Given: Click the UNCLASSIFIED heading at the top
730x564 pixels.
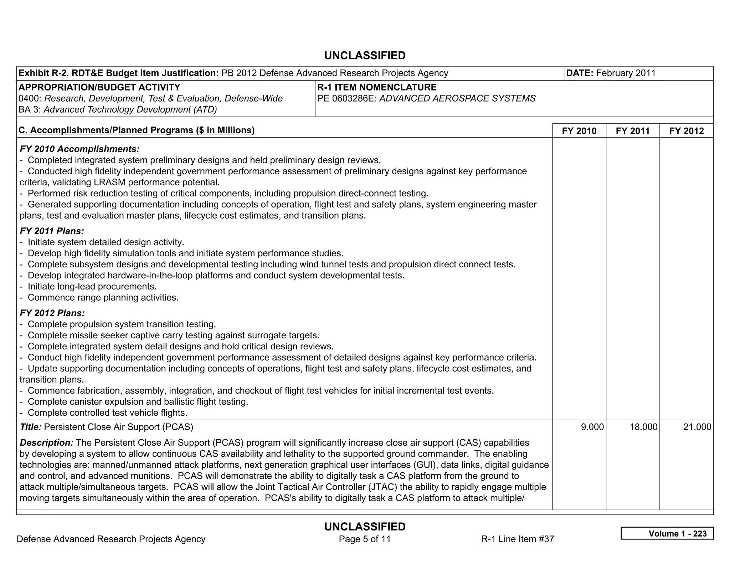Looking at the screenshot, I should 365,56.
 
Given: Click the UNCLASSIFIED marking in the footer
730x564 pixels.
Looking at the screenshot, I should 365,527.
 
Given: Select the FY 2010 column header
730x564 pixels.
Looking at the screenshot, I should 579,131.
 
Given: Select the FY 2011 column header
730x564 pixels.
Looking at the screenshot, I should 632,131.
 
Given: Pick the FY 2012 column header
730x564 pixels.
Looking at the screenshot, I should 686,131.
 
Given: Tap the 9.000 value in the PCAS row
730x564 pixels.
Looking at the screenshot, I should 592,427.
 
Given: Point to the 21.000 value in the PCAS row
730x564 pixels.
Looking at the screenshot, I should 697,427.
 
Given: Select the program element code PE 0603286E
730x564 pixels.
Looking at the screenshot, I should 346,98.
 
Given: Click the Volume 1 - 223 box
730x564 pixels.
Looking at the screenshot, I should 667,533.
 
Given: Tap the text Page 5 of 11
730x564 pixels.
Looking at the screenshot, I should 365,539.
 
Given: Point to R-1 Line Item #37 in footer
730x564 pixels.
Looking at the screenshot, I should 517,539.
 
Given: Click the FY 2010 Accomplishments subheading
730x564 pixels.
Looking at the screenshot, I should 79,149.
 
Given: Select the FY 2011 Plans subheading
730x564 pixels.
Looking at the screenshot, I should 52,231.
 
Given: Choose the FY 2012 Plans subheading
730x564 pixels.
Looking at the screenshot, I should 52,313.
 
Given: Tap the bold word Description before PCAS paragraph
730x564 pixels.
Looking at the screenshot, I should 46,443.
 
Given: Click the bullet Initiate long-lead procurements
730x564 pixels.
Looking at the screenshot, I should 92,287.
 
